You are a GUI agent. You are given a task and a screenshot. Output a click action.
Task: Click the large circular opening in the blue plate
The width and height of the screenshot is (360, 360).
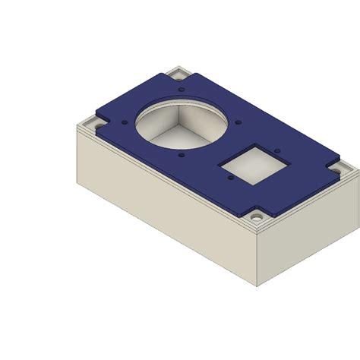click(181, 125)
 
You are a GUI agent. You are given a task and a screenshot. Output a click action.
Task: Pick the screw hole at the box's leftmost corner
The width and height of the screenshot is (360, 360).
click(96, 121)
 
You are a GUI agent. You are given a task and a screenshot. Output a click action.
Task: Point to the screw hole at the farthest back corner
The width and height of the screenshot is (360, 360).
click(179, 74)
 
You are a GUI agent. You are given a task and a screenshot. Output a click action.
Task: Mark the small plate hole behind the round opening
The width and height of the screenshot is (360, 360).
click(182, 88)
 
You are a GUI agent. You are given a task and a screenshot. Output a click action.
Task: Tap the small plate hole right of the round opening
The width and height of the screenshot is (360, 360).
click(238, 121)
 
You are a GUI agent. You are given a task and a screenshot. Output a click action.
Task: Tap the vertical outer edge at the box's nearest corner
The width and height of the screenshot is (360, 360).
click(256, 258)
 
